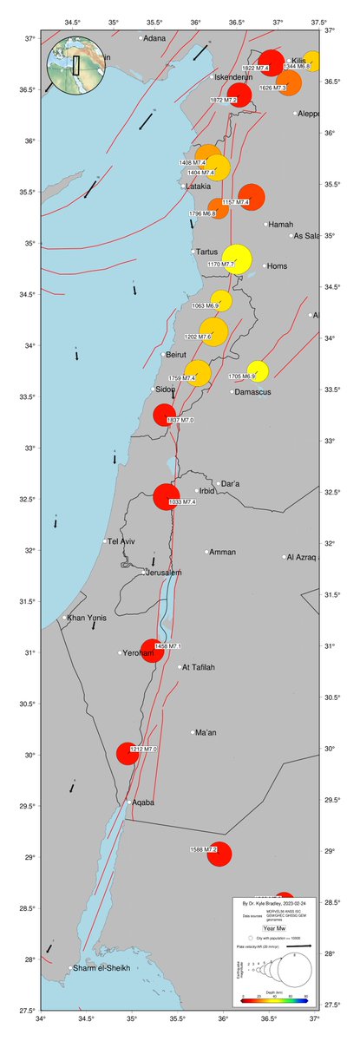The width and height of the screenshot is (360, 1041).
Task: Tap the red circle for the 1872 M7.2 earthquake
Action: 239,95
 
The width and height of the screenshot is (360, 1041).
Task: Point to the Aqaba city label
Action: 144,802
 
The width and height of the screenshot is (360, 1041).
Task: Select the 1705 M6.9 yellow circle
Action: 258,370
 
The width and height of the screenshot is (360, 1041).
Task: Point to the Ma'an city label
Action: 206,733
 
